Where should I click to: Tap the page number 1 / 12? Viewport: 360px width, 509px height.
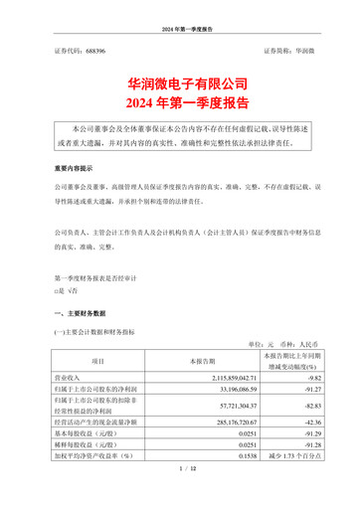click(x=180, y=494)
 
